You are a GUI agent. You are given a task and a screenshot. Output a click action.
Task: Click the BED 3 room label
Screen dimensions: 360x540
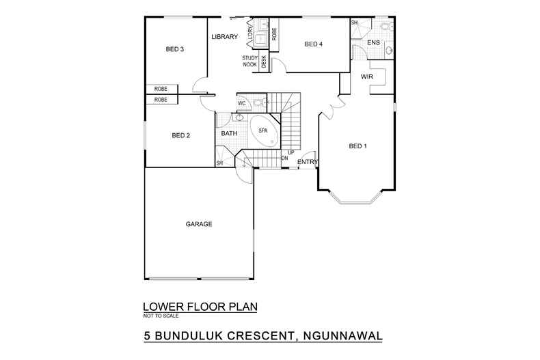coord(175,49)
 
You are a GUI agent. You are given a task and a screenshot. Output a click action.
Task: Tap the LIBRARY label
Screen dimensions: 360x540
coord(224,37)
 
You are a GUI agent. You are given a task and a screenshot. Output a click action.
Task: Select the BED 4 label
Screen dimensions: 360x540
coord(313,44)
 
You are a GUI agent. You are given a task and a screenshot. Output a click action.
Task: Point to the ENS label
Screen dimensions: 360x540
coord(373,43)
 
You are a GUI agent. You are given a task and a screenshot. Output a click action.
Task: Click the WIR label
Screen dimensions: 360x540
coord(367,77)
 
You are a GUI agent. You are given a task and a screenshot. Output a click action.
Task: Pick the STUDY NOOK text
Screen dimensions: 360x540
coord(249,61)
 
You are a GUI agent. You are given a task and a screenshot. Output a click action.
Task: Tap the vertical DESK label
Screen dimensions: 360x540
coord(264,61)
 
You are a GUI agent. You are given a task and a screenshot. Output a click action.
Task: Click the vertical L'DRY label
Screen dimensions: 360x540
coord(251,31)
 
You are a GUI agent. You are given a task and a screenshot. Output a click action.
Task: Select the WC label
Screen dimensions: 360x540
coord(242,103)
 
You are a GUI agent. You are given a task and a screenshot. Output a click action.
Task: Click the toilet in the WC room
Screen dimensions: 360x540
coord(258,103)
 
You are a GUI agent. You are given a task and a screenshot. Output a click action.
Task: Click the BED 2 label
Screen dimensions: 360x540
coord(180,135)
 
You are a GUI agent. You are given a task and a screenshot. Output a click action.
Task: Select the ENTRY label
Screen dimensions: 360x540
coord(308,161)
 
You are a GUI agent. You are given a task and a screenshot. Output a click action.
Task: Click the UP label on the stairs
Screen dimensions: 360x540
coord(291,152)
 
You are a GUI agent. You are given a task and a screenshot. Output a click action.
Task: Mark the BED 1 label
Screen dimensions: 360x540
coord(358,146)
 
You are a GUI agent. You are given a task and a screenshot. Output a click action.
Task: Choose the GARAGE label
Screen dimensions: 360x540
coord(199,223)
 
